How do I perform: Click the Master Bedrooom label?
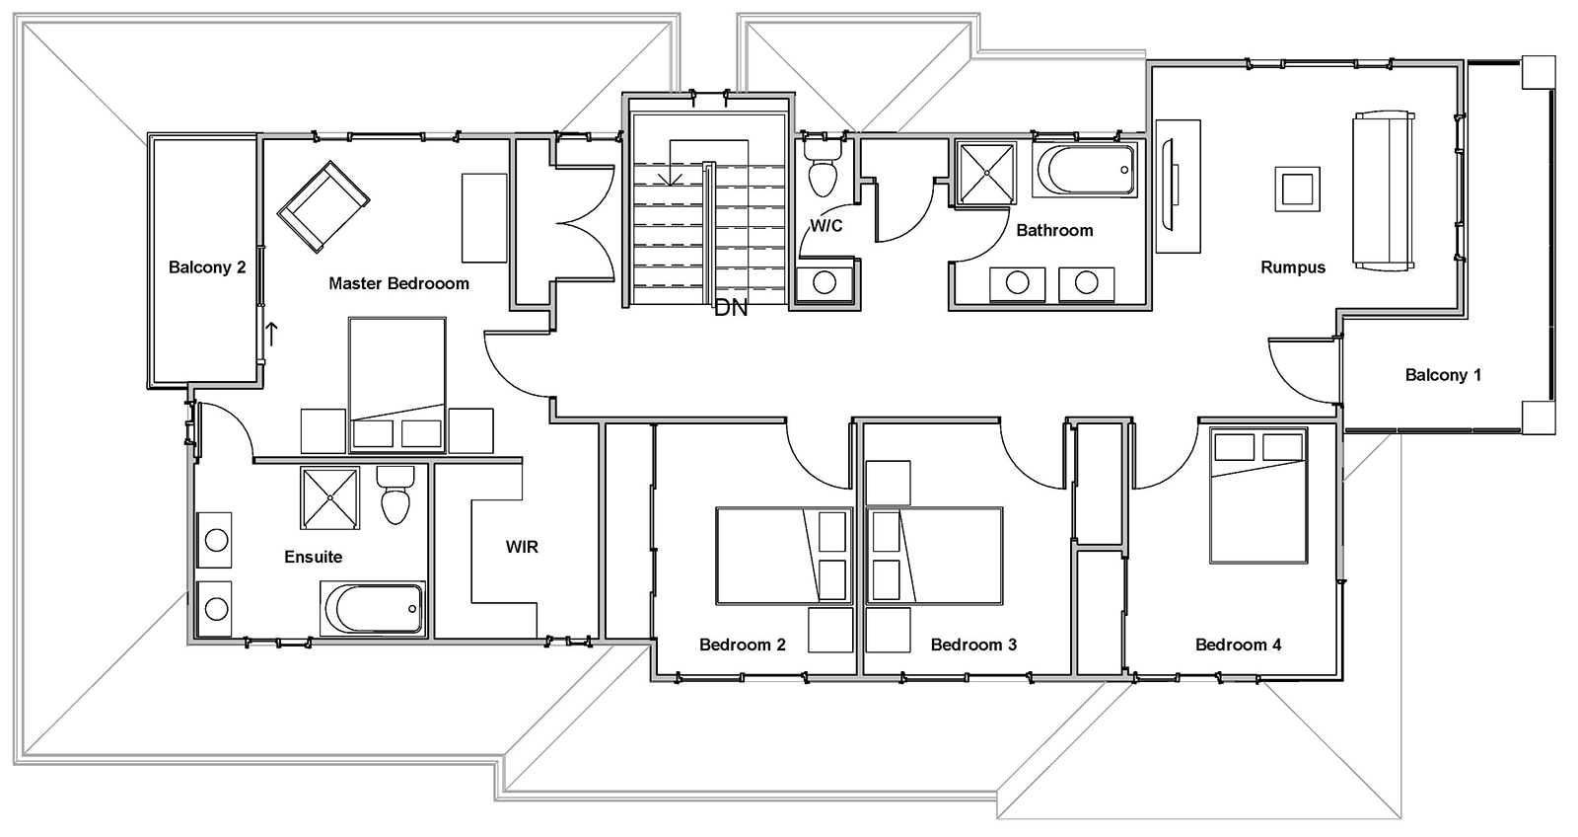(398, 283)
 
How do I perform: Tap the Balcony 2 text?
(206, 267)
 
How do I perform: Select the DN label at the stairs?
(731, 308)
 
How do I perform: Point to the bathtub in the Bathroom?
(1085, 170)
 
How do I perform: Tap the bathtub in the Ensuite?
(372, 608)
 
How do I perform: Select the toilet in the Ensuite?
(395, 495)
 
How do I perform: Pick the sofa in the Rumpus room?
(1385, 190)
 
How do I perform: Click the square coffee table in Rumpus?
(1297, 189)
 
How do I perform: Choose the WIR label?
(522, 546)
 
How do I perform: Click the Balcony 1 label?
(1443, 375)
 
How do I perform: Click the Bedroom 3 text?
(973, 645)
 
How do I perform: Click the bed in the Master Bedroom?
(396, 382)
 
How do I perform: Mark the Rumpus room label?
(1292, 267)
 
